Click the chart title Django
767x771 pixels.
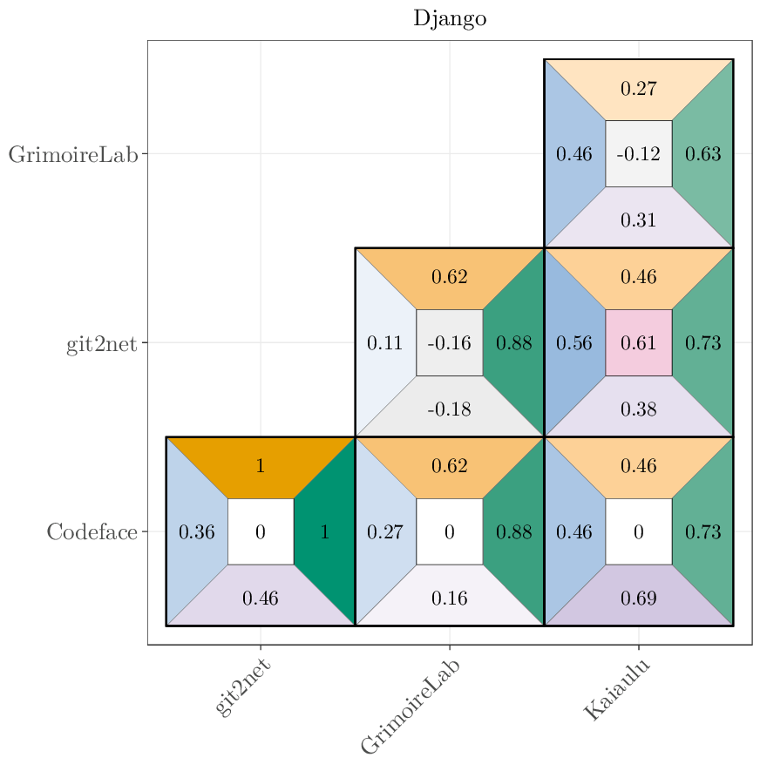coord(450,19)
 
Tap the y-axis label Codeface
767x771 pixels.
coord(92,531)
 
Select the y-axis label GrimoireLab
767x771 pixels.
coord(73,154)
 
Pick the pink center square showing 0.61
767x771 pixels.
coord(638,342)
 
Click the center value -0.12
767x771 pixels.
coord(638,154)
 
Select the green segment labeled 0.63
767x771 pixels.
coord(703,154)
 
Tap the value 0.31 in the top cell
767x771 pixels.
coord(638,220)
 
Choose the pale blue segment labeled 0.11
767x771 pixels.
coord(384,342)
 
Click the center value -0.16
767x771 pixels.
coord(449,342)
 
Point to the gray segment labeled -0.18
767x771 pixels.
coord(449,409)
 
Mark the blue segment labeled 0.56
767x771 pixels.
coord(574,342)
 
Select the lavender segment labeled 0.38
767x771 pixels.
coord(638,409)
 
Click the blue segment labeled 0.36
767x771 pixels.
coord(196,531)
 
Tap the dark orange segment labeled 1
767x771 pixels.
coord(260,465)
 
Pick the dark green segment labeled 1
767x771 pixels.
coord(325,531)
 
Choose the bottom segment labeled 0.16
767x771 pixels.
coord(449,598)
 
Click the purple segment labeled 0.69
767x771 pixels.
coord(638,598)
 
